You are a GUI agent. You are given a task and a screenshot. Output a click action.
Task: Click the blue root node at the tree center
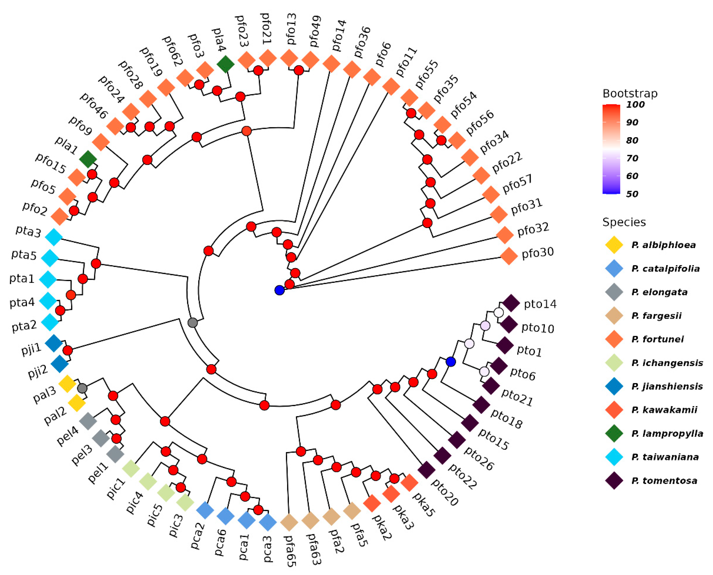point(279,290)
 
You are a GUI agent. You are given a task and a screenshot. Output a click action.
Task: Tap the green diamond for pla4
point(226,64)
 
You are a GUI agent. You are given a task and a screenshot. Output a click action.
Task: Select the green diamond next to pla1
point(88,159)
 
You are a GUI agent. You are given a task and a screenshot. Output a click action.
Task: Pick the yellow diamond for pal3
point(67,384)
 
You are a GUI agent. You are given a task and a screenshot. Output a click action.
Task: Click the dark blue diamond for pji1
point(54,343)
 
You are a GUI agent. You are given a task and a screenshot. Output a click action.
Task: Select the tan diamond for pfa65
point(289,522)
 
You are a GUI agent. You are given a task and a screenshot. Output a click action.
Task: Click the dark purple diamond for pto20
point(426,470)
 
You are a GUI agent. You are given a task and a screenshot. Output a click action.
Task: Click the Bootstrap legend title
point(630,94)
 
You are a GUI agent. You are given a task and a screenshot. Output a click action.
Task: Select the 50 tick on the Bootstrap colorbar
point(632,194)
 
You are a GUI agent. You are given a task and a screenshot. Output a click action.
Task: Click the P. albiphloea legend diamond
point(614,245)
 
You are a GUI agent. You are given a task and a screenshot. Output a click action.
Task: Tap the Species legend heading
point(624,222)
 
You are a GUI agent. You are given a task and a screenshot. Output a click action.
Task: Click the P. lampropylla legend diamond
point(614,433)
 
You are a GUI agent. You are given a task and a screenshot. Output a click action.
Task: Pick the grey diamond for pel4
point(88,421)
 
